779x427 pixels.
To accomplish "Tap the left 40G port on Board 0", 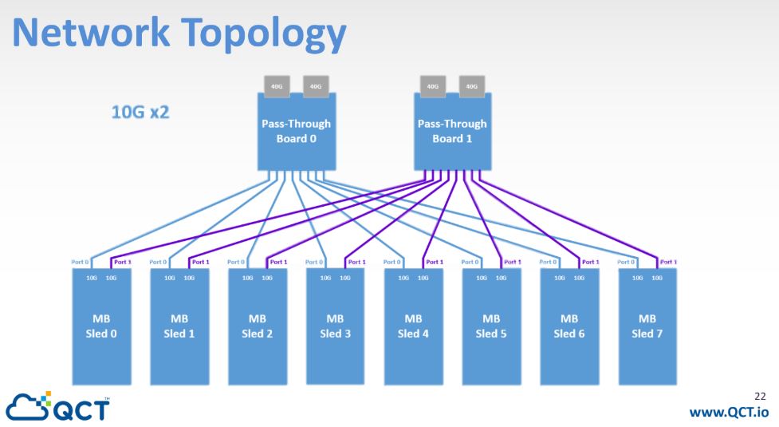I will (x=276, y=85).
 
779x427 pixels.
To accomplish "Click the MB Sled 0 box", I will (x=101, y=326).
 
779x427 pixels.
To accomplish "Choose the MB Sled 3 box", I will (x=335, y=326).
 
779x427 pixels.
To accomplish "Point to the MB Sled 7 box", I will (x=647, y=326).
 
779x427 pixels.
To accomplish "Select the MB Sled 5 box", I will (x=491, y=326).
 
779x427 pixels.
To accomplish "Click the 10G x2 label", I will (x=140, y=112).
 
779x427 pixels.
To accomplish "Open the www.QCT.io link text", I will (x=727, y=412).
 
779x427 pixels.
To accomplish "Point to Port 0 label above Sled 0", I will (x=79, y=261).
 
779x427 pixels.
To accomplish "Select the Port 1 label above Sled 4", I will (x=434, y=261).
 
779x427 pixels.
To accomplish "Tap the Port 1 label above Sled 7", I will (x=668, y=261).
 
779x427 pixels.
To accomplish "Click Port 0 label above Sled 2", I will (x=235, y=261).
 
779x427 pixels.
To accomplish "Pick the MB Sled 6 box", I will (x=569, y=326).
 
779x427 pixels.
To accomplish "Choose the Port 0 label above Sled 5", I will (x=470, y=261).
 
